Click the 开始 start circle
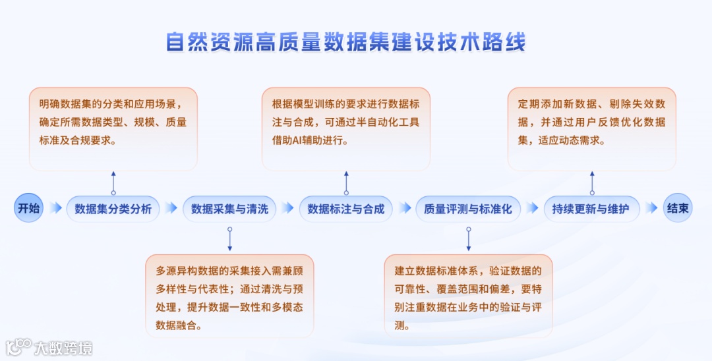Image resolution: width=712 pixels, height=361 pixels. tap(28, 208)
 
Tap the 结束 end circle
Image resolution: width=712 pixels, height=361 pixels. tap(678, 208)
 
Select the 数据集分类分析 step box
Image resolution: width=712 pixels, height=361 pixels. tap(113, 209)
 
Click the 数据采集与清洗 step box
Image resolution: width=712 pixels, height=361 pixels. tap(229, 209)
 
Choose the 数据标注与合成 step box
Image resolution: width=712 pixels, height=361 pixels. tap(346, 209)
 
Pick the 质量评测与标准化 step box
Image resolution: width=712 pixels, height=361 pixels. tap(468, 209)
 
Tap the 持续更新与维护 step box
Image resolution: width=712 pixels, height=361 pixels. tap(591, 209)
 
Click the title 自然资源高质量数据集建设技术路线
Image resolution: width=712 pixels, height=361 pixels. tap(346, 42)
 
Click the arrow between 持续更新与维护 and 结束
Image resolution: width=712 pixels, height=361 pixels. tap(651, 208)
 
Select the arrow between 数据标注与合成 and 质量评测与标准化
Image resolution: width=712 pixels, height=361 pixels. tap(404, 208)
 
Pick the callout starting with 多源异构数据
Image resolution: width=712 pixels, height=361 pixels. tap(229, 296)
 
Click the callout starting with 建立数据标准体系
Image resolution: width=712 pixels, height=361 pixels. tap(468, 296)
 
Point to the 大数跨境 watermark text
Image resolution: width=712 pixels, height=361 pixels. tap(64, 348)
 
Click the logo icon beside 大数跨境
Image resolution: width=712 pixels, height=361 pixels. tap(19, 347)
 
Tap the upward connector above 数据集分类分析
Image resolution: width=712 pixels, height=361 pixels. tap(113, 182)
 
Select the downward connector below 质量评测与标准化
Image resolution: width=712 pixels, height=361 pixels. tap(468, 238)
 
